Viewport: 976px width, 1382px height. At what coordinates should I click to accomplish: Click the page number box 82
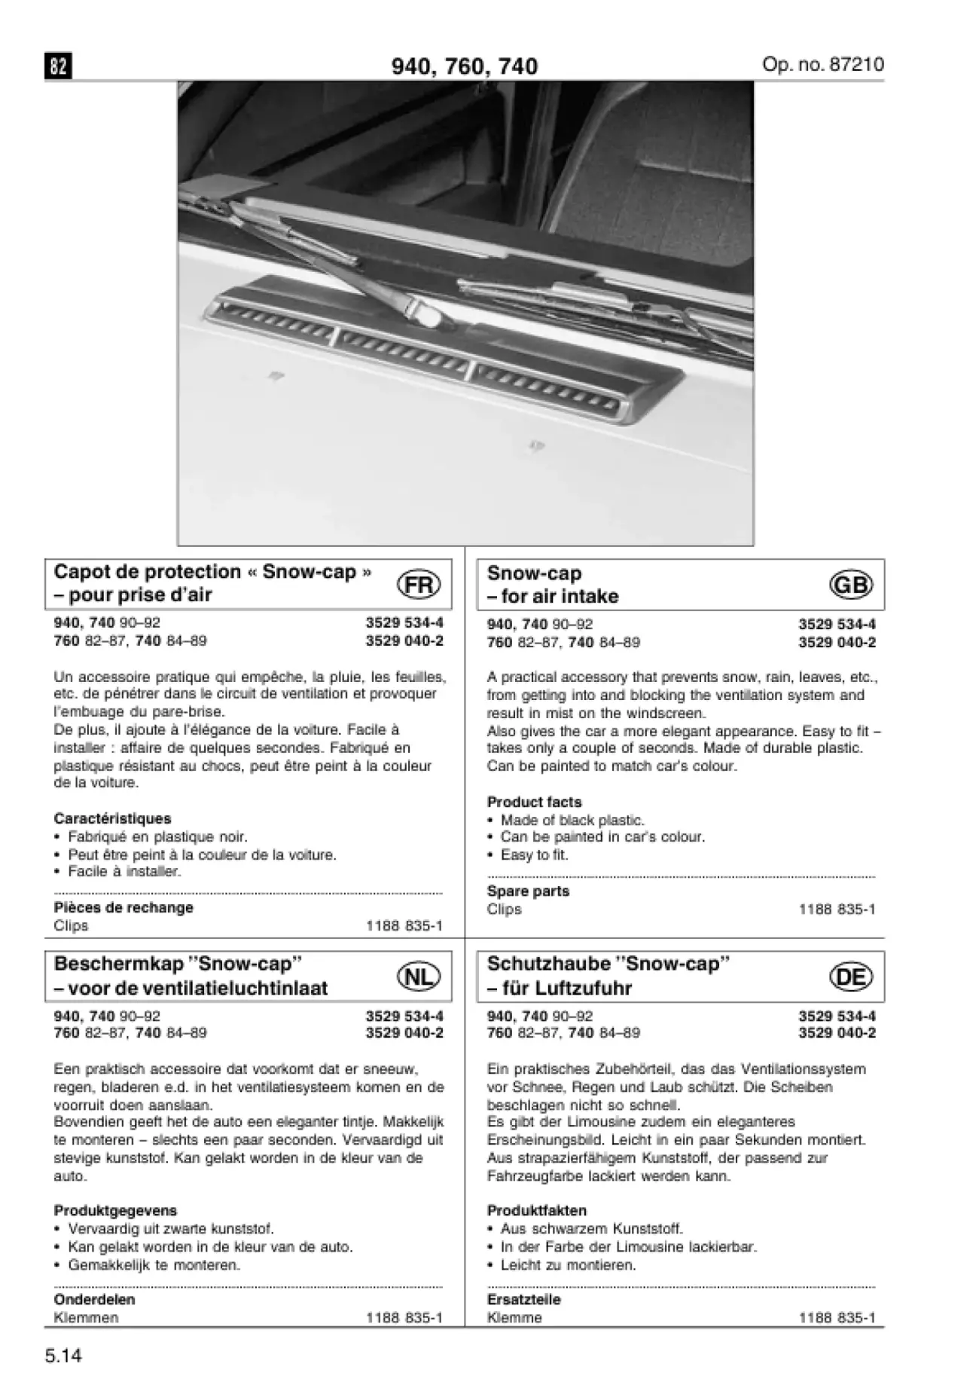(58, 66)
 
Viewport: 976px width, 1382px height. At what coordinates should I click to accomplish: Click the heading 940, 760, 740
(464, 66)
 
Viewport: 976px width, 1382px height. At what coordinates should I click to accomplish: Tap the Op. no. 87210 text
(822, 64)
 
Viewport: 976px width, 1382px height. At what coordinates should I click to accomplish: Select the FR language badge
(419, 585)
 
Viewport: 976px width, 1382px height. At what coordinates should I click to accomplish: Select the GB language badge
(851, 585)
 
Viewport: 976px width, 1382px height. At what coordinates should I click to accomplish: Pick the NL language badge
(419, 977)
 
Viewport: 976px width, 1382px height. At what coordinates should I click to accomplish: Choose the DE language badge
(851, 977)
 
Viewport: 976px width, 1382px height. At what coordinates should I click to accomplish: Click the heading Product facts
(534, 802)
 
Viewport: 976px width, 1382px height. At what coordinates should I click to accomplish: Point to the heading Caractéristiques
(112, 818)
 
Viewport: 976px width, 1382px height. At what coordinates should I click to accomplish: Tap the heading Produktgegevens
(115, 1211)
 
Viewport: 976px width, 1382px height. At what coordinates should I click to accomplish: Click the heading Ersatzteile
(523, 1299)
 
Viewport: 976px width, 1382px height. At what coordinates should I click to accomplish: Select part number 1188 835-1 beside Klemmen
(404, 1318)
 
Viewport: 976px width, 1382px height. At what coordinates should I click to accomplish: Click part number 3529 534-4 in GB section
(837, 624)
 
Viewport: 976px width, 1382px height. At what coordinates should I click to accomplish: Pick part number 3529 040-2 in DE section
(837, 1033)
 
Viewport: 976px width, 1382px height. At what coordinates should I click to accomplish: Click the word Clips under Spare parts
(504, 910)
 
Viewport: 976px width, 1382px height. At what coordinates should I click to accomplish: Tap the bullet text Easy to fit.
(534, 855)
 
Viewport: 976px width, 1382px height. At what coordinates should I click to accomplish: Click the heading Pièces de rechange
(124, 907)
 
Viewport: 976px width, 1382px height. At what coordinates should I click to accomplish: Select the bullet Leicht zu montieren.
(568, 1265)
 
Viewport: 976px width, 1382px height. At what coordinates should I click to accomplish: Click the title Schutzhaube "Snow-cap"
(608, 964)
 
